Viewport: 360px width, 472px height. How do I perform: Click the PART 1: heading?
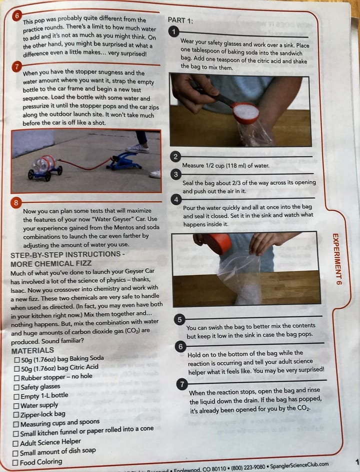pyautogui.click(x=180, y=20)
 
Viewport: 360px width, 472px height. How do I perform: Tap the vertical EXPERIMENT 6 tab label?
pyautogui.click(x=337, y=259)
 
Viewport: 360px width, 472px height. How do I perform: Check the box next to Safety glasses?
pyautogui.click(x=17, y=387)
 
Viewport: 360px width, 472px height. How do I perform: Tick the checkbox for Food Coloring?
pyautogui.click(x=15, y=463)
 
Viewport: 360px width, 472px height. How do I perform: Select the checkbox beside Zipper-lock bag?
pyautogui.click(x=16, y=415)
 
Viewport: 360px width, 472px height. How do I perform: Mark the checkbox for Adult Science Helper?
pyautogui.click(x=15, y=444)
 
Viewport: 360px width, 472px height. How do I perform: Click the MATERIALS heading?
pyautogui.click(x=32, y=351)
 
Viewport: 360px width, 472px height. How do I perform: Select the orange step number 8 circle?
pyautogui.click(x=16, y=203)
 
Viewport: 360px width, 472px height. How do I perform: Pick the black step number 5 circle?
pyautogui.click(x=179, y=320)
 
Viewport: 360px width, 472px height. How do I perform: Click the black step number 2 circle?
pyautogui.click(x=175, y=156)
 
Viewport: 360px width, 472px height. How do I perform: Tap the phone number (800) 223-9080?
pyautogui.click(x=248, y=467)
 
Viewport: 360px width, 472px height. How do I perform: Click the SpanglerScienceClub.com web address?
pyautogui.click(x=299, y=466)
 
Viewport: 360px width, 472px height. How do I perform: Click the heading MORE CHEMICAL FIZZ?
pyautogui.click(x=51, y=263)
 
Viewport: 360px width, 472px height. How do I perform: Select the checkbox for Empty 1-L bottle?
pyautogui.click(x=17, y=397)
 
